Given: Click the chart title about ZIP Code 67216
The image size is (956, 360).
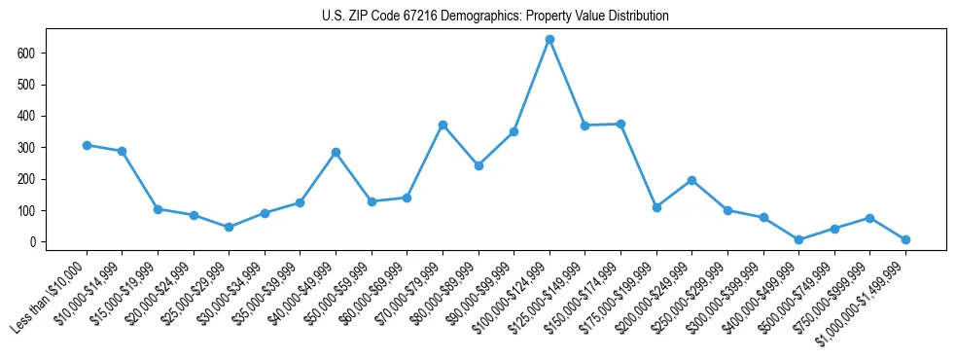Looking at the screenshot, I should (495, 16).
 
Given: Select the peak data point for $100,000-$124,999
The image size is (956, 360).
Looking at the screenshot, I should (549, 39).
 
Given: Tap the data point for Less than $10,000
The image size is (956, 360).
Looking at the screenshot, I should (87, 145).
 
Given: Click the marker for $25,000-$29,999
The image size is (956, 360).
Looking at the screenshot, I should (229, 227).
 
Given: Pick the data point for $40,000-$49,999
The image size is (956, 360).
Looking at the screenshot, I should (336, 152).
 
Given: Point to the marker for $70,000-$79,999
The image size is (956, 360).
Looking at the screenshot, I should (443, 125).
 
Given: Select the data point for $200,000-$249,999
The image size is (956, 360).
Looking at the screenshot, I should (691, 180).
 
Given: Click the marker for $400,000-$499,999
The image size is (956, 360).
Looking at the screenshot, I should (798, 239).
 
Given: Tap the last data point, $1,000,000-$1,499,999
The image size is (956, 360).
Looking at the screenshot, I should (905, 239).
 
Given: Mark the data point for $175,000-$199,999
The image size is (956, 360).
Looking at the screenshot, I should (656, 207).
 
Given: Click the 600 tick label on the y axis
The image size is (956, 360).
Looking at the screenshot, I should (27, 53).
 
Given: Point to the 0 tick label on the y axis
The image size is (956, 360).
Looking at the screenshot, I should (33, 242).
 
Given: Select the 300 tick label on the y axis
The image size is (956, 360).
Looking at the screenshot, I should (27, 147).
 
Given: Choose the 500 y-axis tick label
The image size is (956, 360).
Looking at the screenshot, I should (27, 85).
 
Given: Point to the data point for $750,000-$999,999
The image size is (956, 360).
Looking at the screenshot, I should (869, 218).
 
